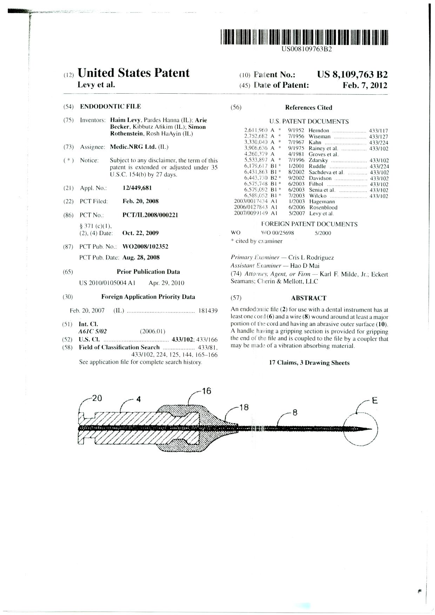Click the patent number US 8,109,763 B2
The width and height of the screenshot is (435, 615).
point(352,75)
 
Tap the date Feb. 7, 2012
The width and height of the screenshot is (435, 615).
point(365,85)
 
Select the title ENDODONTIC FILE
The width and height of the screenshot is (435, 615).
point(111,106)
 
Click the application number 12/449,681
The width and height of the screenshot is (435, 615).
point(137,188)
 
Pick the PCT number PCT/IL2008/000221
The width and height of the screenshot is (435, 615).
point(150,215)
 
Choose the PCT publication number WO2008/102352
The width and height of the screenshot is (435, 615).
point(145,247)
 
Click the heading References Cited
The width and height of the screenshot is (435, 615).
point(308,108)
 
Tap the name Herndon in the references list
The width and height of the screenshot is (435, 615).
point(319,131)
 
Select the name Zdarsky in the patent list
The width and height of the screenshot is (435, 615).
point(318,160)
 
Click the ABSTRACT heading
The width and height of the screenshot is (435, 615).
point(308,298)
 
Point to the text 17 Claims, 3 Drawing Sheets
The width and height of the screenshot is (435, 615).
point(309,363)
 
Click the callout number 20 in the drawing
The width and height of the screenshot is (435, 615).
point(97,398)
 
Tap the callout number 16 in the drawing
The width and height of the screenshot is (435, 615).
point(207,391)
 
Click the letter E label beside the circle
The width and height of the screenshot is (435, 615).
point(375,400)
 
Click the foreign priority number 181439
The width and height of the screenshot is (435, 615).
point(208,310)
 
